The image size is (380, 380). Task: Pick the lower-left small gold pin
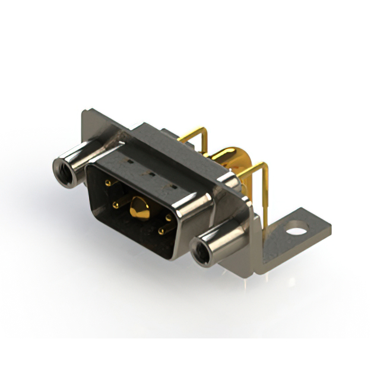pos(116,205)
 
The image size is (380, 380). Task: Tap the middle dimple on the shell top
pos(151,175)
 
